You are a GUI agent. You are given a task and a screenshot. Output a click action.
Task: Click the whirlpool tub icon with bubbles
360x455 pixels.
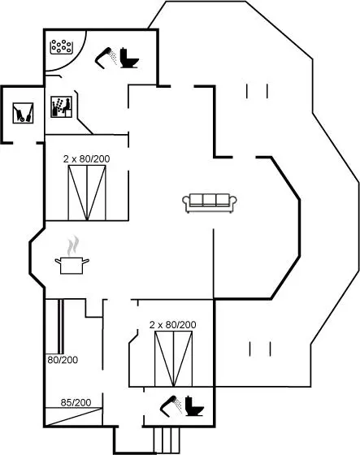pos(61,47)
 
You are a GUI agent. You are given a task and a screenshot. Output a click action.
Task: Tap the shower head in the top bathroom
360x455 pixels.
pos(106,57)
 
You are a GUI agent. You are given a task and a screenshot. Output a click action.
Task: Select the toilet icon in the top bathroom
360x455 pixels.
pos(129,58)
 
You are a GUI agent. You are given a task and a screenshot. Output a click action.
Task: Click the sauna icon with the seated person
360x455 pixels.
pos(61,106)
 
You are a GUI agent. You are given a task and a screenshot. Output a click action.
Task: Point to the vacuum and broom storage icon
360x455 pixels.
pos(23,113)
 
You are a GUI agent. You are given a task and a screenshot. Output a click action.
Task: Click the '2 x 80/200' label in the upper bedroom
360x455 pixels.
pos(86,158)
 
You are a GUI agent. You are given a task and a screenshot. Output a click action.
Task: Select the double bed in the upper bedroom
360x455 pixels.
pos(87,193)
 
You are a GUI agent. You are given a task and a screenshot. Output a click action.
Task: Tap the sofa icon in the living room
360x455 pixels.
pos(210,203)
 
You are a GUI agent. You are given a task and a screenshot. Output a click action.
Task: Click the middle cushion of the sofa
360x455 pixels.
pos(210,200)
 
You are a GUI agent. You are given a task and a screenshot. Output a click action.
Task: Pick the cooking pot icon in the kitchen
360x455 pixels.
pos(72,265)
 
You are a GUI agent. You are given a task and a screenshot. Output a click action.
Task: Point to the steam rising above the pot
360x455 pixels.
pos(73,245)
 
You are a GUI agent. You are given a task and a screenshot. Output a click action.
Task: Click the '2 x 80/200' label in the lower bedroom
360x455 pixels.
pos(173,325)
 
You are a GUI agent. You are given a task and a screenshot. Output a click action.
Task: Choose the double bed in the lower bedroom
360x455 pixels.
pos(173,359)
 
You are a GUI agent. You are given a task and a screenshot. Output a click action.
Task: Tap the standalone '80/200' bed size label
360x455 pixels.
pos(63,360)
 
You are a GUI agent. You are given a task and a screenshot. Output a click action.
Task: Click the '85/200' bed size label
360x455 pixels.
pos(76,402)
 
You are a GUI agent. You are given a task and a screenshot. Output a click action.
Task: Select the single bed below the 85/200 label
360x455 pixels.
pos(74,417)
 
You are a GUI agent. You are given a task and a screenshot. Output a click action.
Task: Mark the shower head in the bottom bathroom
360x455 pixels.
pos(171,405)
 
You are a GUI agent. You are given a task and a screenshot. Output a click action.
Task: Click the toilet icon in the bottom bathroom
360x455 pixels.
pos(194,405)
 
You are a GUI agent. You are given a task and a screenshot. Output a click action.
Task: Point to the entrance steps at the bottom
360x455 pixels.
pos(167,440)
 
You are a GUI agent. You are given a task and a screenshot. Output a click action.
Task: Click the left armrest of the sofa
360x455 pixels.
pos(186,201)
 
